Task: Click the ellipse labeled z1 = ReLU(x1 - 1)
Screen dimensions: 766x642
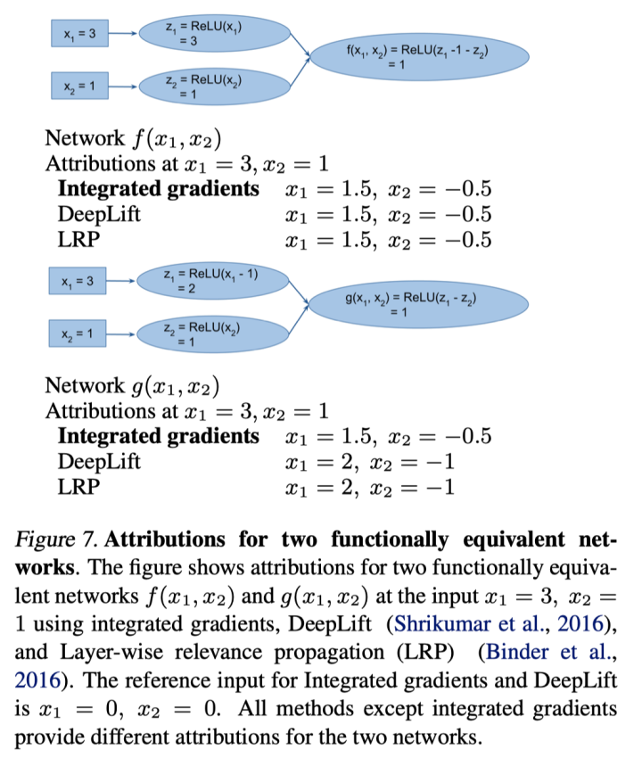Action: click(212, 281)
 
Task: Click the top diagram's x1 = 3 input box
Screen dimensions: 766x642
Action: click(80, 34)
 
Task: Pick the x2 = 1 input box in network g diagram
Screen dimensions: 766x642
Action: click(80, 335)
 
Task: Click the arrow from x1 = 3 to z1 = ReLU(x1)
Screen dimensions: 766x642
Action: click(126, 34)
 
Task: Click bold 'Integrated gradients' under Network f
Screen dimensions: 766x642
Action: click(159, 190)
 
